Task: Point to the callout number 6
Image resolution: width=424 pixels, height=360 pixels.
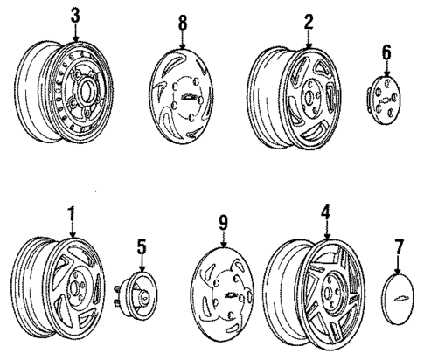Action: pyautogui.click(x=386, y=54)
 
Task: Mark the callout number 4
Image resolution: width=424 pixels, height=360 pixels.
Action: pyautogui.click(x=327, y=212)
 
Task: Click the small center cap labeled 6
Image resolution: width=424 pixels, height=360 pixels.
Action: pyautogui.click(x=383, y=100)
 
